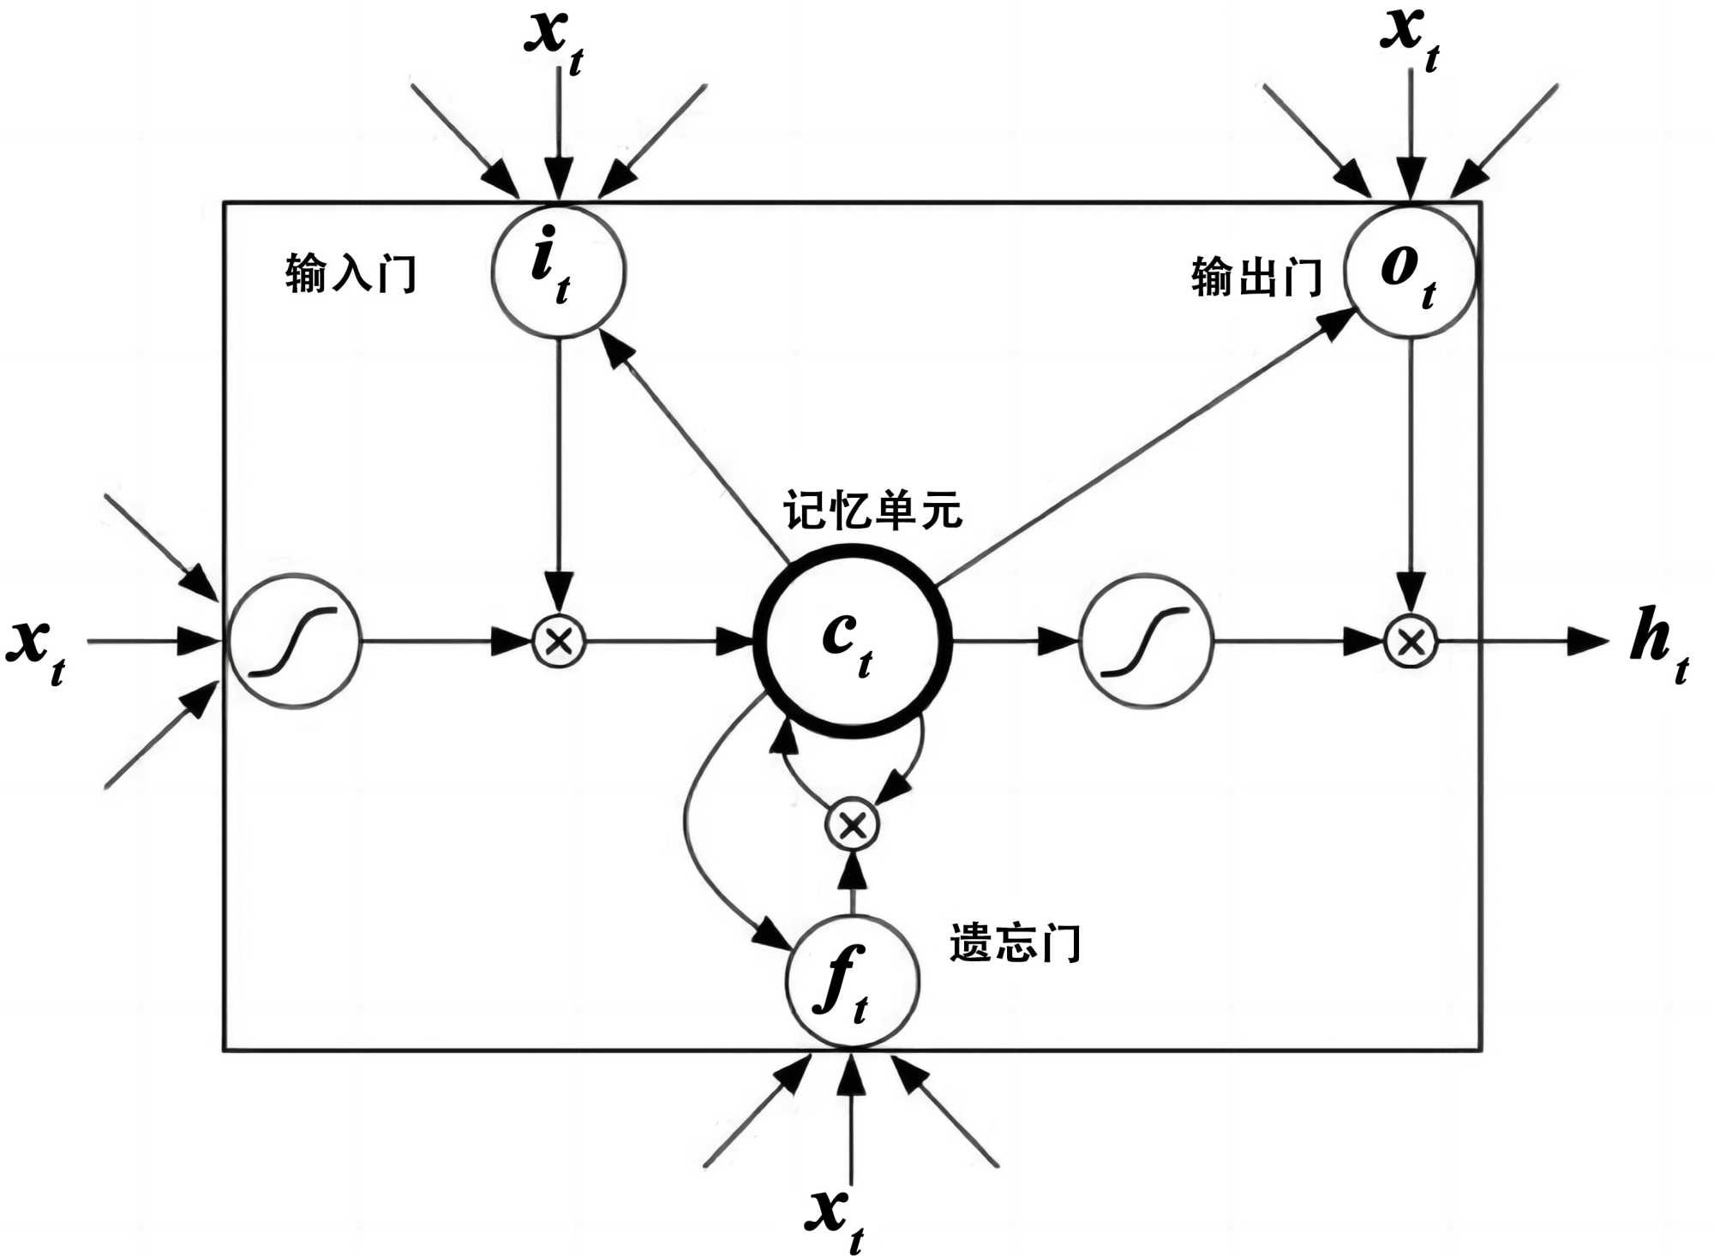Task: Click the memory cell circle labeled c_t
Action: [853, 641]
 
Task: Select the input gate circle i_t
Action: [558, 270]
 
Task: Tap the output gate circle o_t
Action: [1410, 272]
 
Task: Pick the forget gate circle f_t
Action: [852, 981]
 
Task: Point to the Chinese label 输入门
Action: [351, 274]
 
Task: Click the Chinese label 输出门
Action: [1256, 277]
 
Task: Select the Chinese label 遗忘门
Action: [1015, 943]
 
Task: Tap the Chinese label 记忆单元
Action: [872, 511]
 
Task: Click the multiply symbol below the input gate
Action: [559, 641]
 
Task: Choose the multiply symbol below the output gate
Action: [1411, 642]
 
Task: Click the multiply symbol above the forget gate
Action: [852, 825]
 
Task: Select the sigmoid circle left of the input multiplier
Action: [294, 642]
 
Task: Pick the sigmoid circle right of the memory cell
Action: [1145, 642]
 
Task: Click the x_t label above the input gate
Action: [554, 39]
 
